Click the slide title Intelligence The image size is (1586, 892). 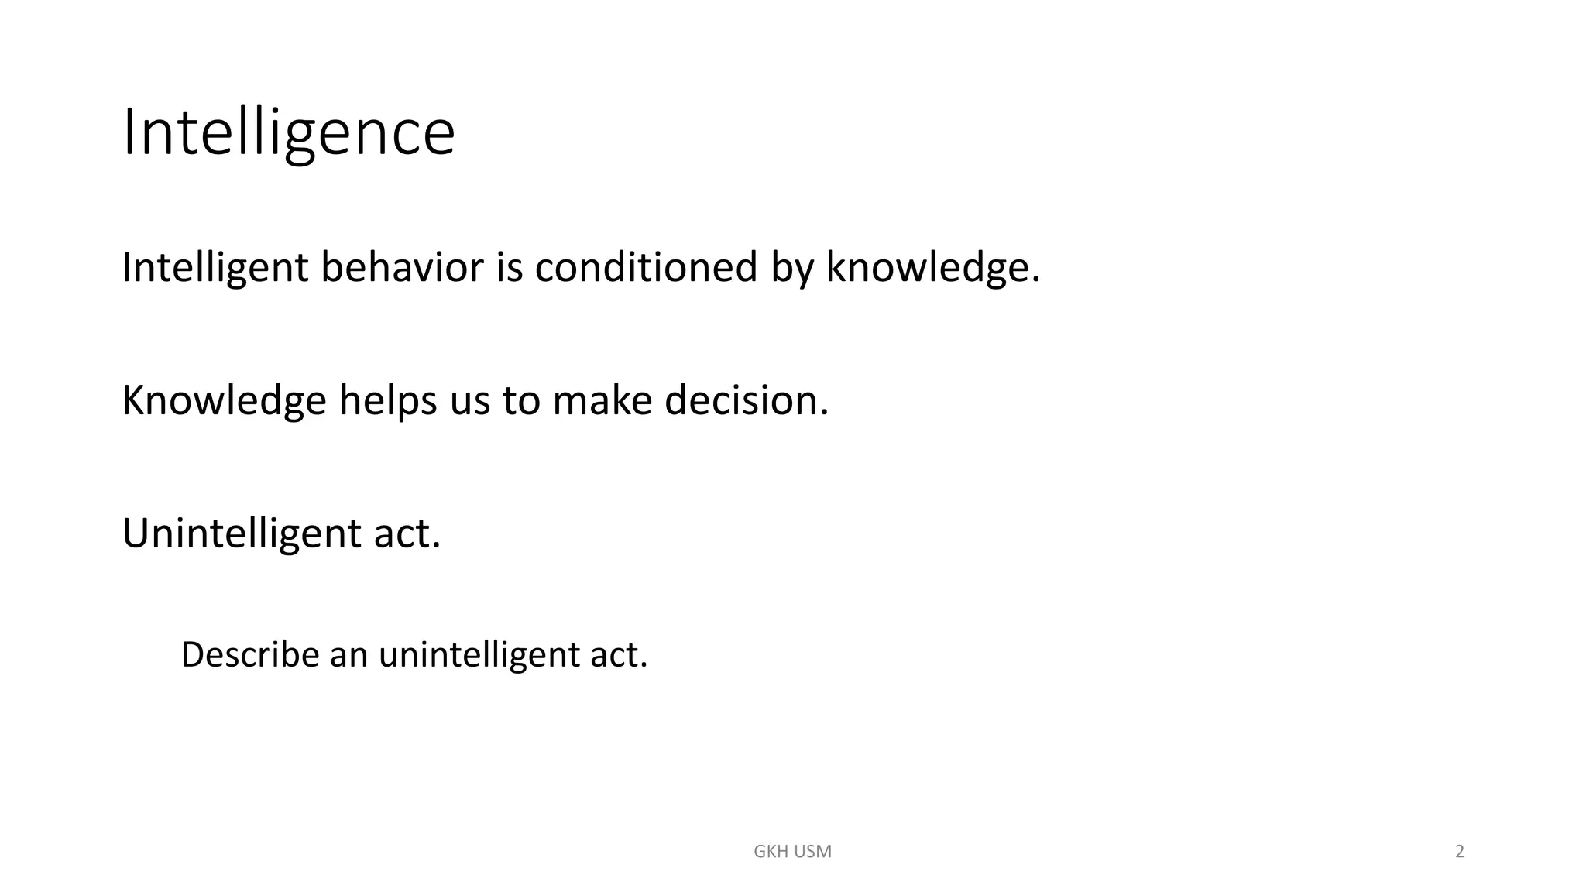(289, 133)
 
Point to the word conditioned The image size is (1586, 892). (645, 268)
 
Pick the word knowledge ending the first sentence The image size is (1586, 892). (932, 268)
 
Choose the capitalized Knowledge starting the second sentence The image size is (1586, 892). (224, 401)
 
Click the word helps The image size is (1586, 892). (388, 401)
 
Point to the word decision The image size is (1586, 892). (746, 401)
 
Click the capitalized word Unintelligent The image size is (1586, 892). (241, 534)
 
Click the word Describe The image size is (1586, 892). (250, 655)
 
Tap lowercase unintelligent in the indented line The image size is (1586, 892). (479, 655)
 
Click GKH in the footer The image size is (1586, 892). (771, 852)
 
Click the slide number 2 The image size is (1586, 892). (1460, 852)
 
